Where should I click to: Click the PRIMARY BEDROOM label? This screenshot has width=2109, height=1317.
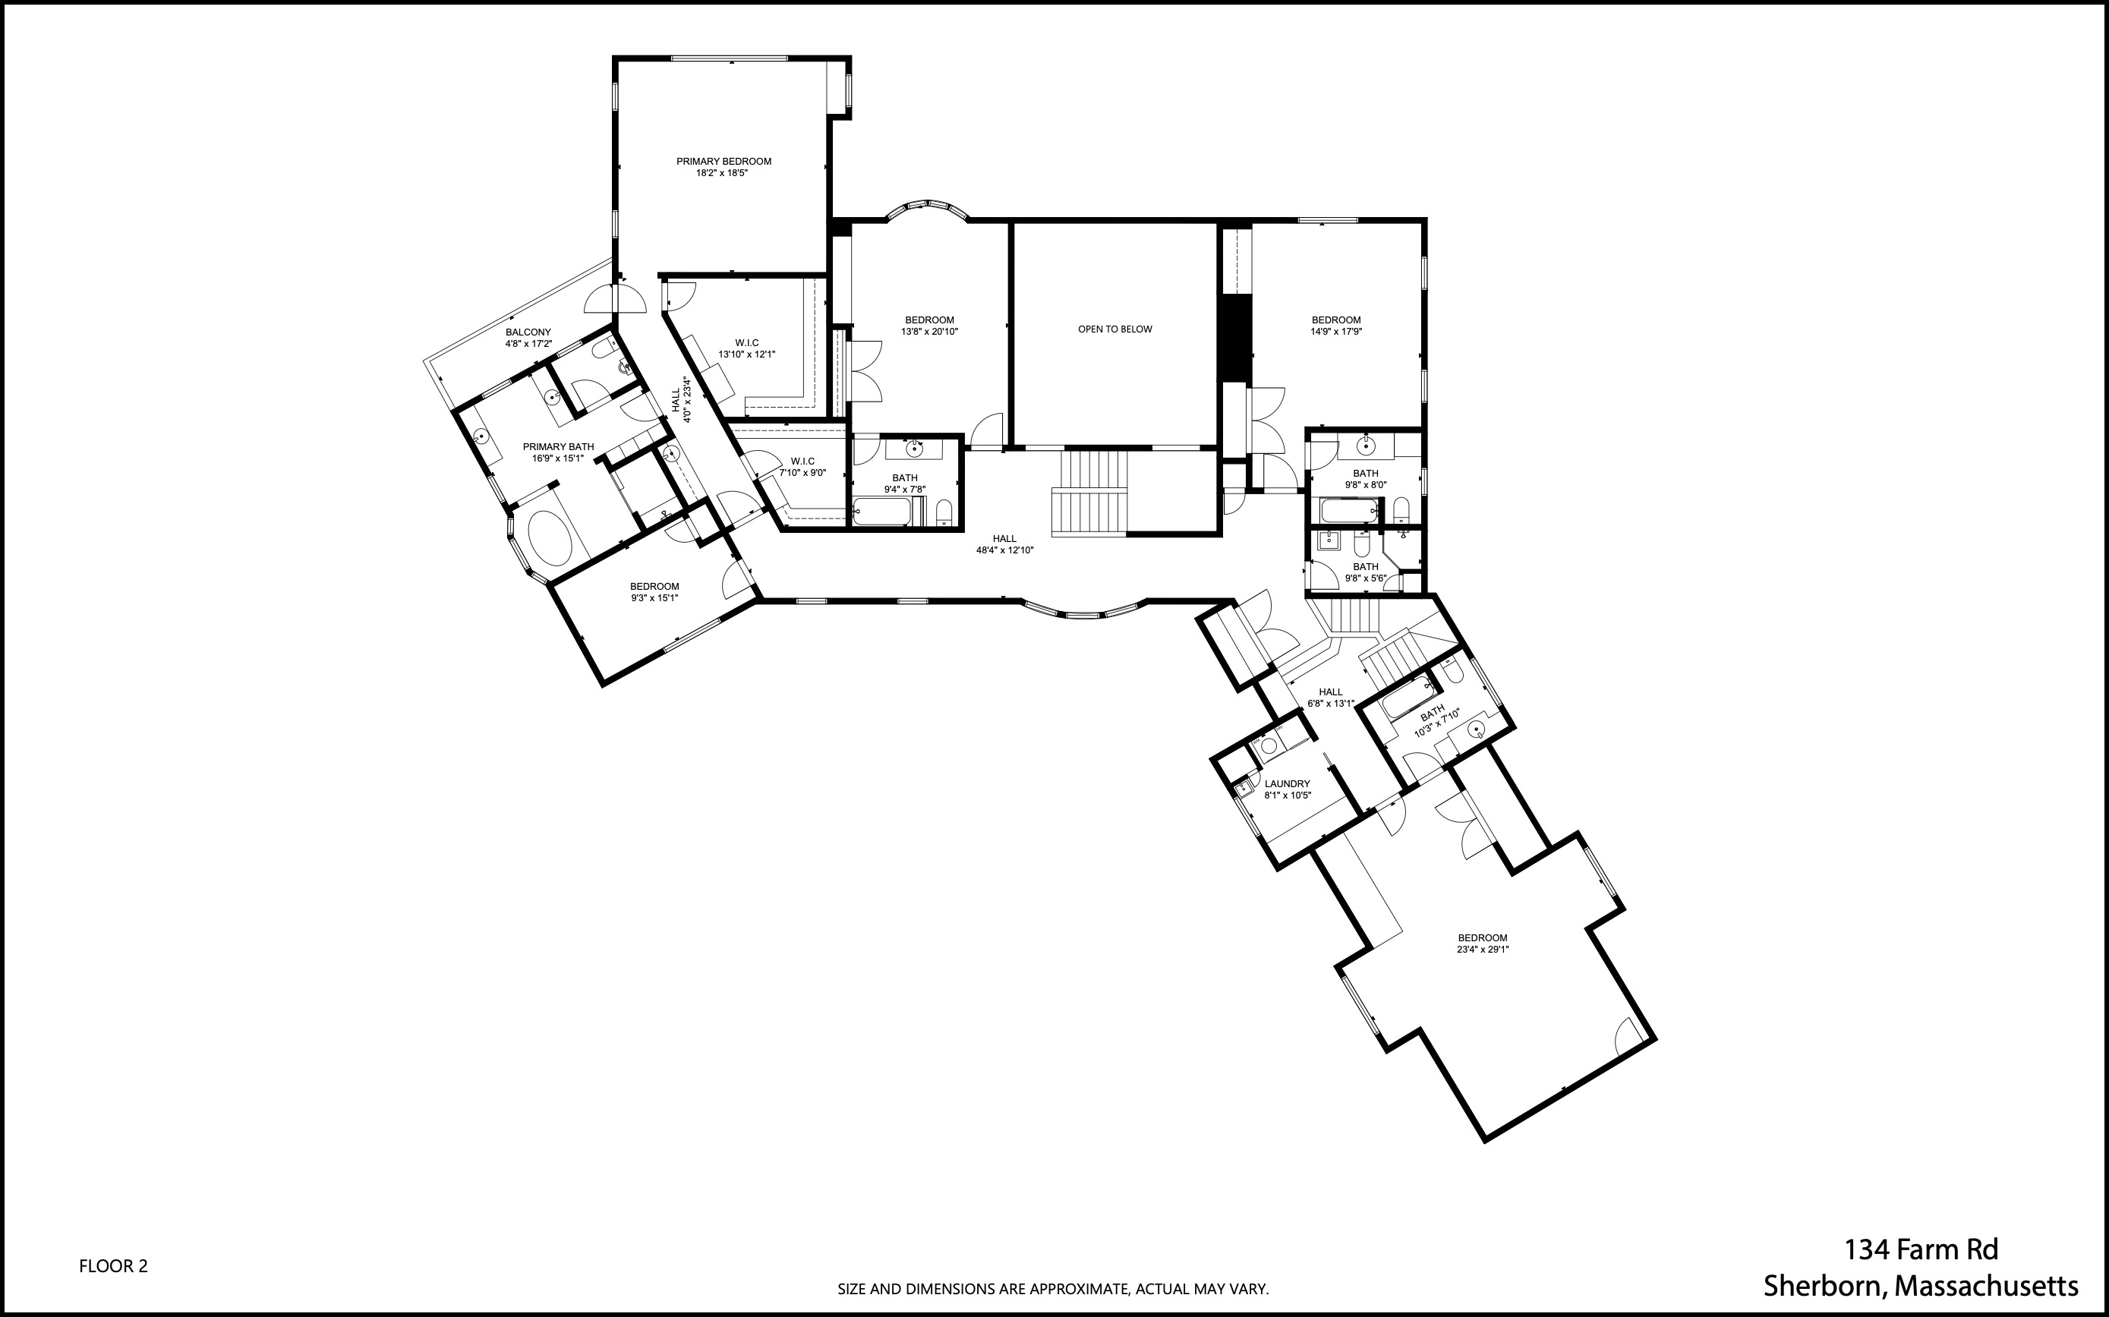(x=723, y=161)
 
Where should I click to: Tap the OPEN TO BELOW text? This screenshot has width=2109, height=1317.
(x=1114, y=329)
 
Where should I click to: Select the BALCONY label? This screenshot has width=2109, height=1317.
(x=528, y=332)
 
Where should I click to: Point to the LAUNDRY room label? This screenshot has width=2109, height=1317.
(x=1287, y=784)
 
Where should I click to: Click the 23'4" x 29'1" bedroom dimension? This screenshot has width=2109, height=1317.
(x=1482, y=950)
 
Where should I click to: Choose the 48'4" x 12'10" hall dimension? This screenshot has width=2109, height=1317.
(x=1004, y=550)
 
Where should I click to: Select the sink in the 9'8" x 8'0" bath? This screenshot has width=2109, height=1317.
(x=1365, y=446)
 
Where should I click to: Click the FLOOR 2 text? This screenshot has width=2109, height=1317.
(x=113, y=1265)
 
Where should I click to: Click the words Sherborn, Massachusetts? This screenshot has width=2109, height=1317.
(x=1920, y=1286)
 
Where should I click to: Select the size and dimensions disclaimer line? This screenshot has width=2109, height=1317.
(x=1052, y=1289)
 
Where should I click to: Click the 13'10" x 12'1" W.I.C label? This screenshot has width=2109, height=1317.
(x=746, y=348)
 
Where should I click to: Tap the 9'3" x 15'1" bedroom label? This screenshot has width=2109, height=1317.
(x=654, y=592)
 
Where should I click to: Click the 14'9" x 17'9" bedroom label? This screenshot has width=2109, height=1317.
(x=1335, y=326)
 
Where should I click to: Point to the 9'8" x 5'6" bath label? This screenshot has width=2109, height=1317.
(x=1365, y=572)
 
